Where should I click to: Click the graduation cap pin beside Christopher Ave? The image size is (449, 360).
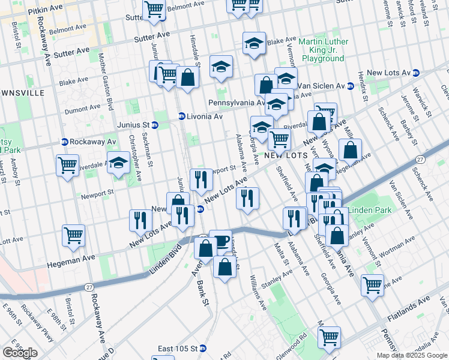[x=118, y=163]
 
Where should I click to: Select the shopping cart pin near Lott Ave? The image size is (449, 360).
[x=74, y=236]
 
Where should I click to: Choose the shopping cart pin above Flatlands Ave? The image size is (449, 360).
[x=372, y=285]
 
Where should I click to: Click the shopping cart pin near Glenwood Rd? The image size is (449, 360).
[x=329, y=337]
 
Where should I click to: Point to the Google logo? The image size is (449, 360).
[x=20, y=353]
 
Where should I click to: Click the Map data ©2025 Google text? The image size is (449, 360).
[x=412, y=355]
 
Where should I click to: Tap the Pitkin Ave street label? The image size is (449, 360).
[x=49, y=9]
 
